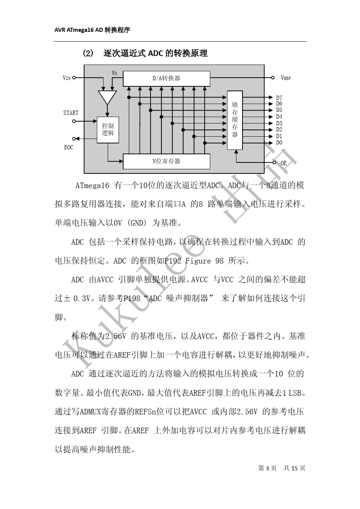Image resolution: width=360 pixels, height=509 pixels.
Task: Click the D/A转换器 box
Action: click(166, 78)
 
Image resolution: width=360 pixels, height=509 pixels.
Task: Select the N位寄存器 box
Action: click(166, 161)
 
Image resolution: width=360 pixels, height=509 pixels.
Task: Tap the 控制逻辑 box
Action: click(108, 130)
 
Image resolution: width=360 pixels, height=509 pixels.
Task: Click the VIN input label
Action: click(67, 78)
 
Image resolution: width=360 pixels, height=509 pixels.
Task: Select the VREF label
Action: click(286, 78)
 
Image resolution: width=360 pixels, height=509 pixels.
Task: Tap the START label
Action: click(71, 113)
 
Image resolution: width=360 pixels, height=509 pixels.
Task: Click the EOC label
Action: click(69, 147)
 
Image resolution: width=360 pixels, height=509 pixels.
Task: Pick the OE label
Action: click(283, 163)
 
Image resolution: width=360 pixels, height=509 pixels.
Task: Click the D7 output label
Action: click(279, 98)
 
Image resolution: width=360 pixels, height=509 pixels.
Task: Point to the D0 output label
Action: click(279, 143)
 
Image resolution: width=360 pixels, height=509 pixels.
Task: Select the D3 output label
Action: click(279, 123)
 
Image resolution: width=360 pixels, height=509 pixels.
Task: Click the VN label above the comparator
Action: click(114, 73)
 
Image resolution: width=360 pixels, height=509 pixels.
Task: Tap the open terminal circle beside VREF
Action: click(272, 78)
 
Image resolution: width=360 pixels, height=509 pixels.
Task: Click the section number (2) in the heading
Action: click(88, 53)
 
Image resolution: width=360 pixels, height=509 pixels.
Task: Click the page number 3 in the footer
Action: click(268, 468)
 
